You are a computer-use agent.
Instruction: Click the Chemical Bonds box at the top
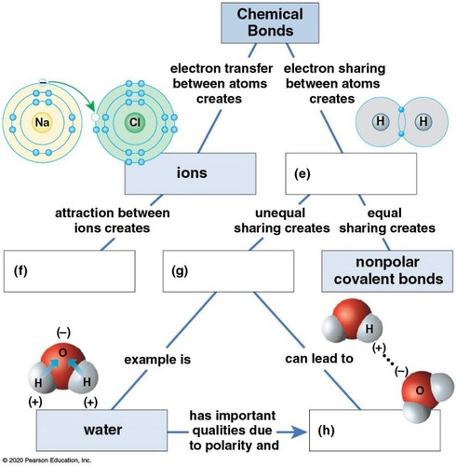click(x=270, y=23)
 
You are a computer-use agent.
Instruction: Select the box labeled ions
click(x=190, y=173)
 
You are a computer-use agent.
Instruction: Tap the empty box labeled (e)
click(x=351, y=174)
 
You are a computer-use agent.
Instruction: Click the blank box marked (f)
click(x=69, y=271)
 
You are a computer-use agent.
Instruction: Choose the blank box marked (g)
click(x=228, y=271)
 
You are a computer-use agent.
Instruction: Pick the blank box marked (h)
click(x=374, y=430)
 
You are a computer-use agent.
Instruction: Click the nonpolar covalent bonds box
click(x=387, y=271)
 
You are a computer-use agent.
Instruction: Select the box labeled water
click(x=102, y=430)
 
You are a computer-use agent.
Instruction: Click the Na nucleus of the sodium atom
click(x=42, y=122)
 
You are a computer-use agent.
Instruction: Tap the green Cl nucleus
click(x=134, y=122)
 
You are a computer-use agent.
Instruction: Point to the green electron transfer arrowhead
click(x=91, y=106)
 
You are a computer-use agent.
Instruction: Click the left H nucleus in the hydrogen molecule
click(x=380, y=122)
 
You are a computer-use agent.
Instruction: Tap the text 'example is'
click(x=157, y=360)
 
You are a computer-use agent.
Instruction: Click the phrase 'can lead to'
click(x=319, y=358)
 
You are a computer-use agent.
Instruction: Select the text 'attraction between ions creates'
click(x=112, y=220)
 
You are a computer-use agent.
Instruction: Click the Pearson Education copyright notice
click(x=47, y=460)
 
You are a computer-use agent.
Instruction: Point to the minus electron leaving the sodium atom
click(x=43, y=82)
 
